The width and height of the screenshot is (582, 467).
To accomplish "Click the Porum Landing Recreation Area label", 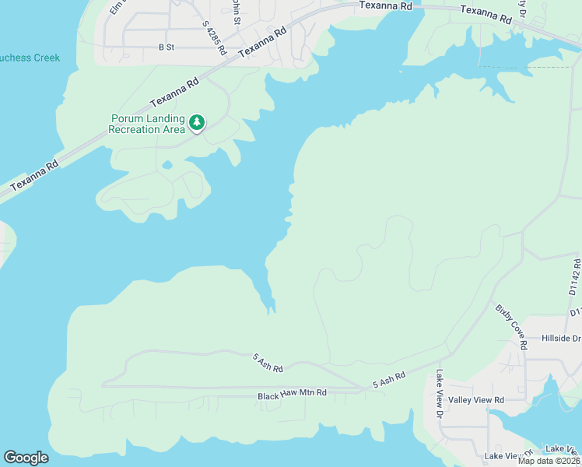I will [147, 124].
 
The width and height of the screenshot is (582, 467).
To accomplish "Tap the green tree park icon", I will [198, 122].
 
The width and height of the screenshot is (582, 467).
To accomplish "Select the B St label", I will [167, 47].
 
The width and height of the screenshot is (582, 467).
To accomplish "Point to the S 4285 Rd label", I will [213, 37].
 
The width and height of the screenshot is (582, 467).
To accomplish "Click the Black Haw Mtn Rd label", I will [292, 396].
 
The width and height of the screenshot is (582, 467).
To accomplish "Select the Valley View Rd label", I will [477, 399].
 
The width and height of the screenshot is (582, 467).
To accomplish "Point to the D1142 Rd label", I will [575, 277].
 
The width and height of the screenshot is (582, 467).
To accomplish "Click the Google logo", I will [26, 458].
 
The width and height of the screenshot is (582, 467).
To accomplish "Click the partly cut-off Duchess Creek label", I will [30, 58].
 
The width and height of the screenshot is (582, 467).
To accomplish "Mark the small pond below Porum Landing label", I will [167, 165].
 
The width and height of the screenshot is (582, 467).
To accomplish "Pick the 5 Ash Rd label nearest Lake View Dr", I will [389, 380].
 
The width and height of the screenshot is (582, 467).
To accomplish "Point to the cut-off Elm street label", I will [117, 8].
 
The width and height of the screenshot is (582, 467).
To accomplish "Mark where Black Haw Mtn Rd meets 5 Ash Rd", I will [366, 388].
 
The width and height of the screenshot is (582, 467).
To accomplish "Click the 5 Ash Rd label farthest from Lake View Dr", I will [267, 362].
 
